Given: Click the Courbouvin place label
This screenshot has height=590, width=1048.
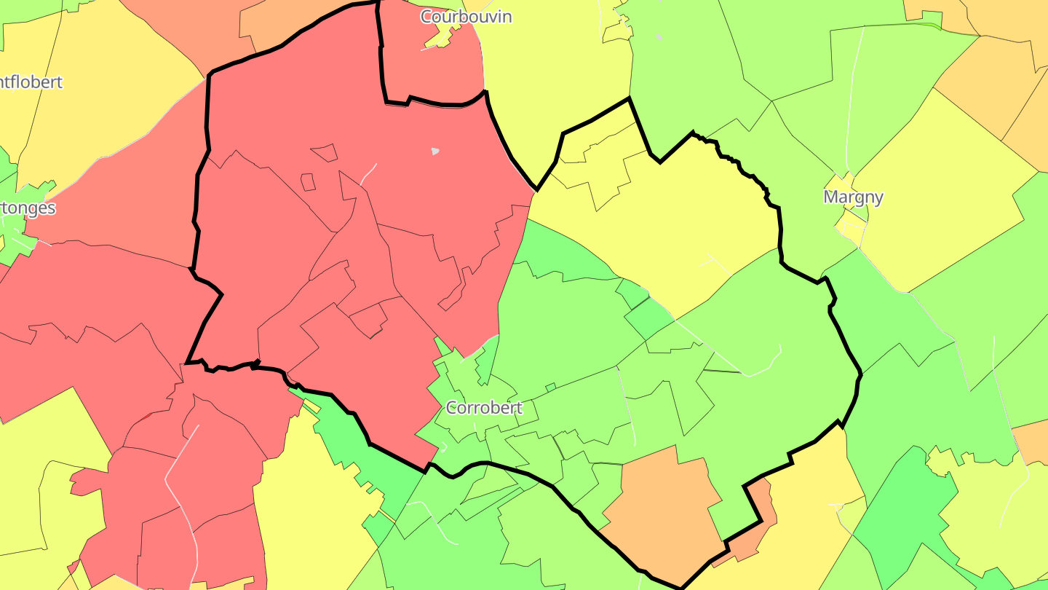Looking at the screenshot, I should pos(466,16).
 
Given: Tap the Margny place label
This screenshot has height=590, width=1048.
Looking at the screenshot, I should pos(853,197).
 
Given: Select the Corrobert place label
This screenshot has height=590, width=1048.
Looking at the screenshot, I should pos(484,407).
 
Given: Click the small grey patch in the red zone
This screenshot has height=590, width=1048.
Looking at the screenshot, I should pos(435,152).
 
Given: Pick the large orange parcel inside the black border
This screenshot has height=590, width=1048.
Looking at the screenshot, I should pos(659,510).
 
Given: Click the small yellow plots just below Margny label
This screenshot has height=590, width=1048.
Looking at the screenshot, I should pos(850,226).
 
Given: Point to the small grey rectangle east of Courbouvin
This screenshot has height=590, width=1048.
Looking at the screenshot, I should pos(659,37).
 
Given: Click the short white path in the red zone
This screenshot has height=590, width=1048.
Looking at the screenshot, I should pos(369,173).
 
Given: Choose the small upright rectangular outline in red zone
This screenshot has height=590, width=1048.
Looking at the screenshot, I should pos(308,182).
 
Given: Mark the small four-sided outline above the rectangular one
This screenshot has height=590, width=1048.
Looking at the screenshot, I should pos(325,153).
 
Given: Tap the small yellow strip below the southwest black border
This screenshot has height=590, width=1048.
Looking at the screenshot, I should pos(311,405).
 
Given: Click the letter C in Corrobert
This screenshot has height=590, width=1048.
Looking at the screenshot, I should pos(451,408).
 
